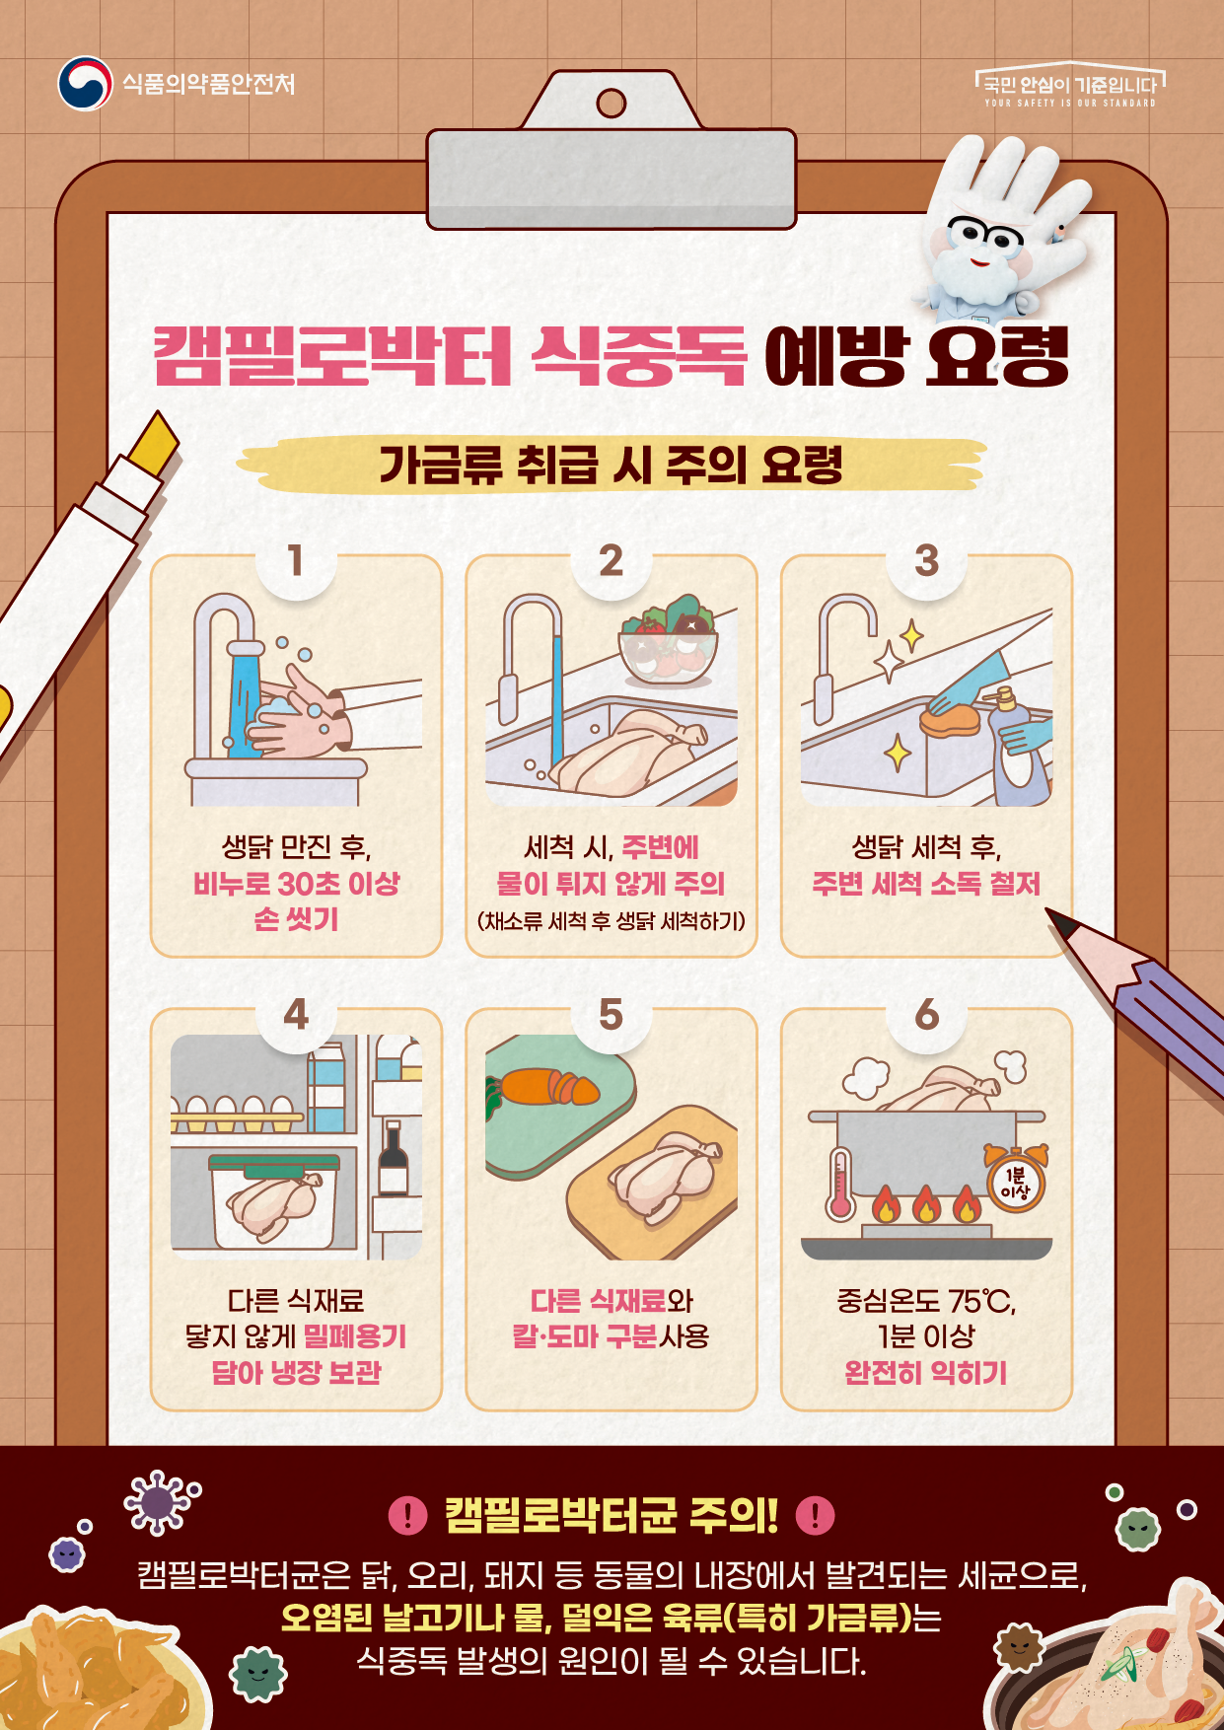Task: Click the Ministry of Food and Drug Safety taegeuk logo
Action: pos(85,84)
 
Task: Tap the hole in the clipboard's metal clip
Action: pos(612,103)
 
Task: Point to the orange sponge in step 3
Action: pos(949,717)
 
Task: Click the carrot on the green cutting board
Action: pos(542,1089)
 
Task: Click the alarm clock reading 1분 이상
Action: pos(1015,1179)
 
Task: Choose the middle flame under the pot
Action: pos(925,1203)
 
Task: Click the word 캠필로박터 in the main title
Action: pos(333,356)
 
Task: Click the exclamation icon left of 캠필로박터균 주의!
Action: pos(407,1514)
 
